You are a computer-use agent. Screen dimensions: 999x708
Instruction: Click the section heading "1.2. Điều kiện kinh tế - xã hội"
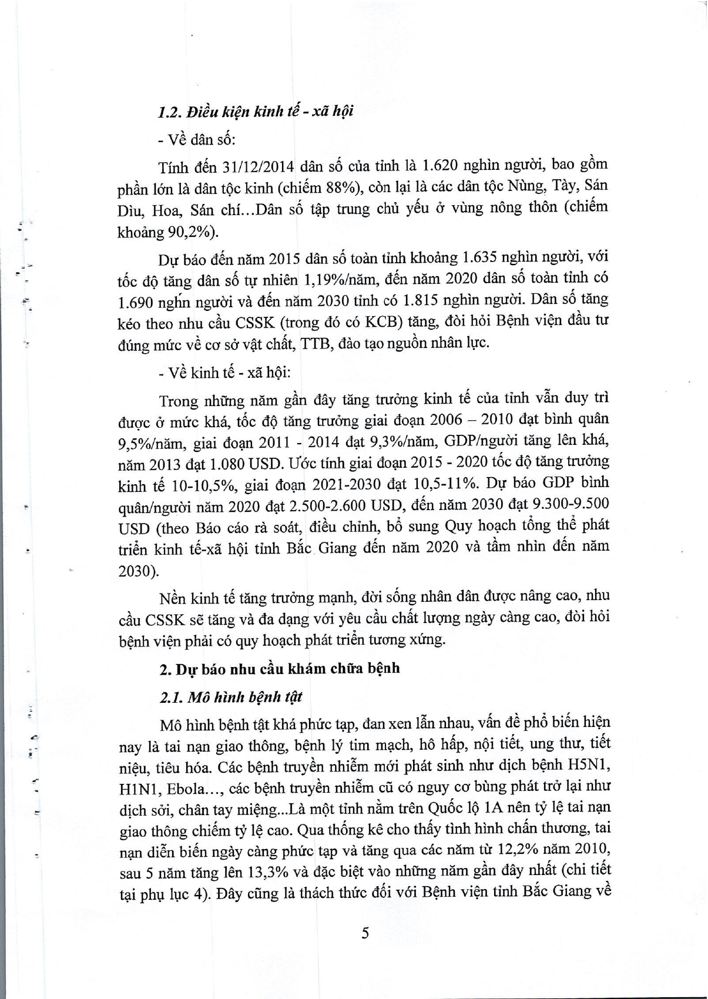pos(256,111)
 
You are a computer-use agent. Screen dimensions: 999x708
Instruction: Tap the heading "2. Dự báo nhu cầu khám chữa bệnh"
pos(280,669)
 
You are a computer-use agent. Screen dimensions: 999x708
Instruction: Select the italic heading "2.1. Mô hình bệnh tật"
pos(231,697)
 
